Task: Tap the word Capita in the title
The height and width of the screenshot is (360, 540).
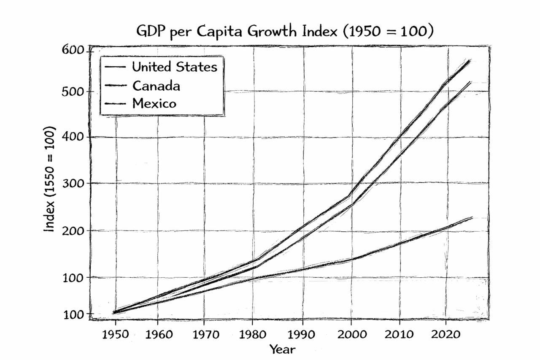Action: click(x=219, y=32)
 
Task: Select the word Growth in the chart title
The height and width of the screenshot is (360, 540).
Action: click(x=272, y=31)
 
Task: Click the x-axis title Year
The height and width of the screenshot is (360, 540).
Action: click(x=282, y=349)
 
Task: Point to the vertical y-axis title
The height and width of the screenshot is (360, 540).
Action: click(x=49, y=179)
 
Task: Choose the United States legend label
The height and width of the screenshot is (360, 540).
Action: click(x=175, y=67)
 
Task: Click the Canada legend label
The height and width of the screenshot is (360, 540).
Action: click(x=156, y=86)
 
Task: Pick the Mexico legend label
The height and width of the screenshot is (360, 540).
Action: click(x=154, y=103)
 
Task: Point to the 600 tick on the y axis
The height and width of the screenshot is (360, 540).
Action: click(x=73, y=50)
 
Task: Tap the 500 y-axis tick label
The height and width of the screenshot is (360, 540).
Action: click(x=73, y=92)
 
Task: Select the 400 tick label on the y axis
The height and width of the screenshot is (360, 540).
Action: click(x=73, y=137)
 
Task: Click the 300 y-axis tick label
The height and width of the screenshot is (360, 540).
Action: click(x=73, y=184)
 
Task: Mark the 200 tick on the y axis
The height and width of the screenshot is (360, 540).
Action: click(x=73, y=231)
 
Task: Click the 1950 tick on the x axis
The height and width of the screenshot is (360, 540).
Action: click(x=115, y=334)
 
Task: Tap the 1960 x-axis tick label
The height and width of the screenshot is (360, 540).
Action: click(x=159, y=334)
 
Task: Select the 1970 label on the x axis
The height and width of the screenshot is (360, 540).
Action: click(x=206, y=334)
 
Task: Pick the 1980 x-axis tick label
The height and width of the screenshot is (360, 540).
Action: click(x=252, y=334)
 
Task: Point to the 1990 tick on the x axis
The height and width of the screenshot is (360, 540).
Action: click(x=301, y=334)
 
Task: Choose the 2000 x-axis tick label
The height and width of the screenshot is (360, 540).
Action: click(x=352, y=334)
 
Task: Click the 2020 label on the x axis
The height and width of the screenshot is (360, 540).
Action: click(x=446, y=334)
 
